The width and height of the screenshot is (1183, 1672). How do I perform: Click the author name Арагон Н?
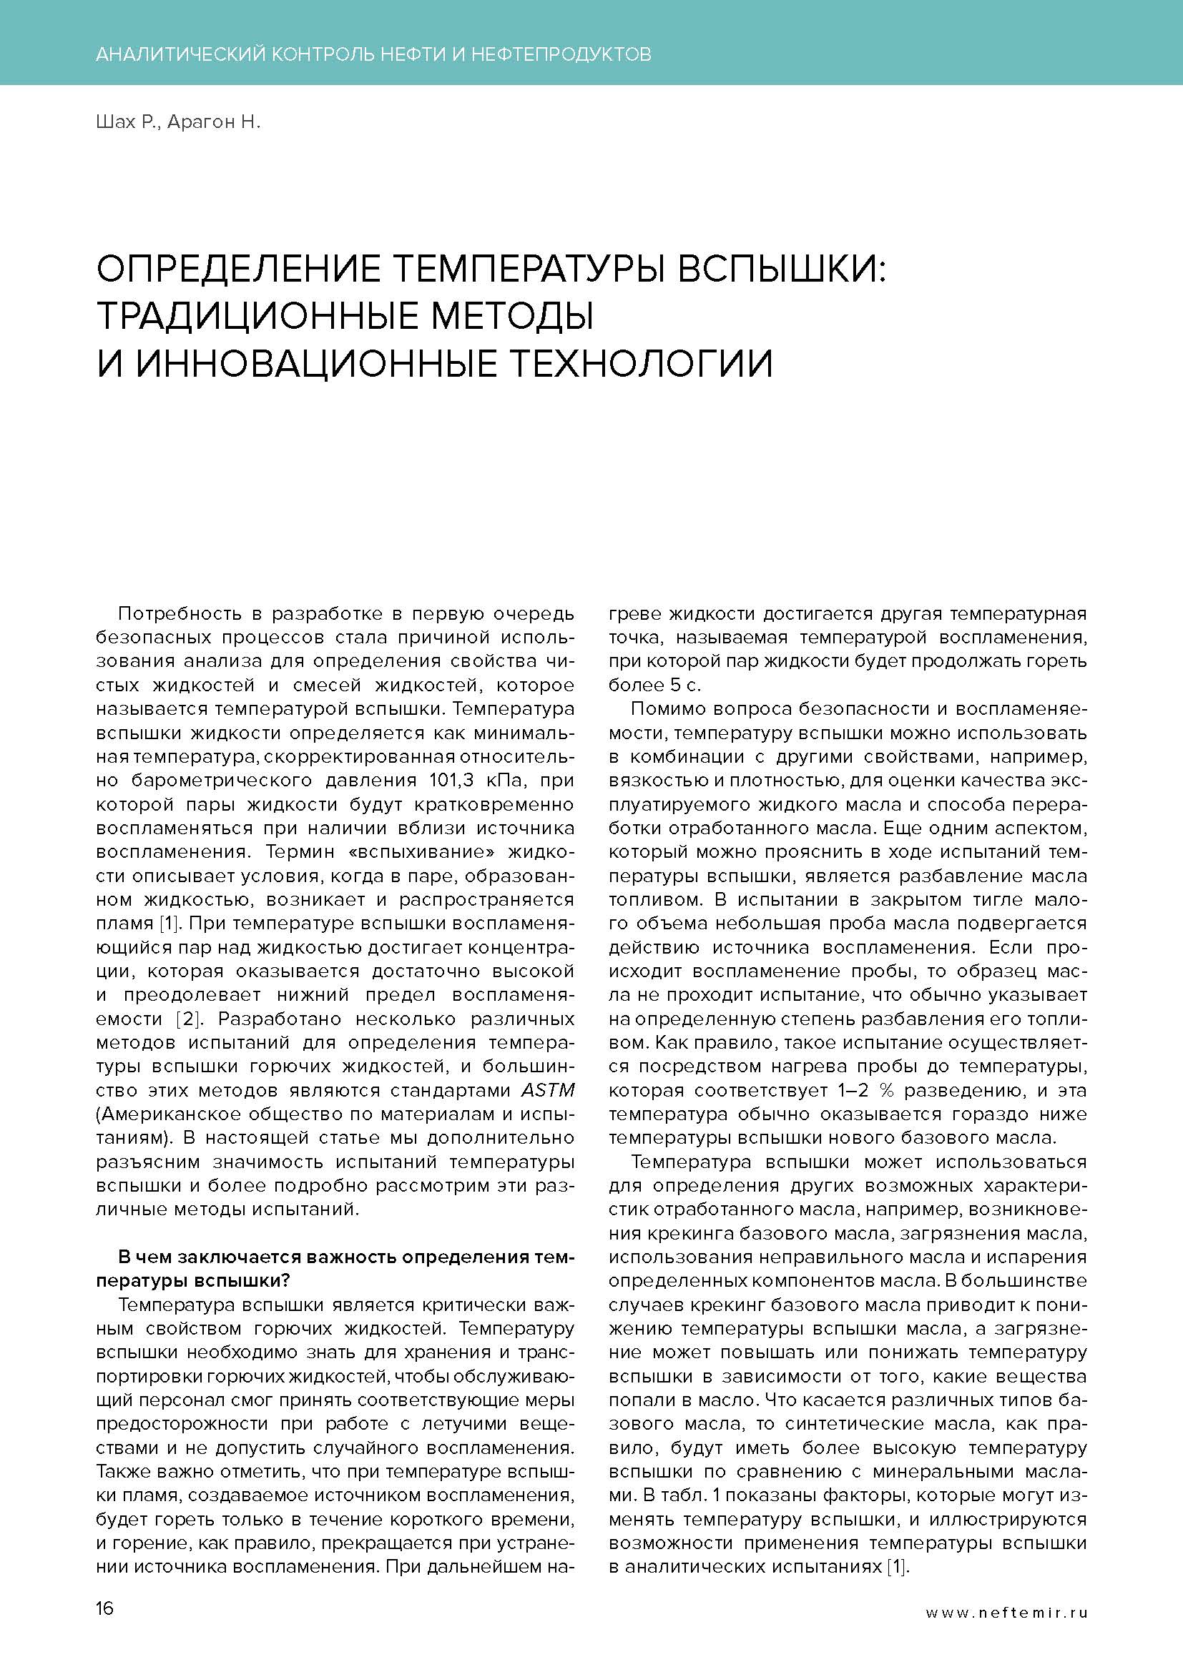point(213,122)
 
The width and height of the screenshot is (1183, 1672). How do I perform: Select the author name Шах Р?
point(126,122)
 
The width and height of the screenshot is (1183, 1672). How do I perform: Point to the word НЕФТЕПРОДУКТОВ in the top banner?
point(561,54)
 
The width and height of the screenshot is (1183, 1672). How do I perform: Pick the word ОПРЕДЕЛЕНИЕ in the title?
point(238,269)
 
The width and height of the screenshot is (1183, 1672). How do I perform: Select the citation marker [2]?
point(188,1019)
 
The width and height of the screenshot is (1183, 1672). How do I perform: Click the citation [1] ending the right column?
point(898,1566)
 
